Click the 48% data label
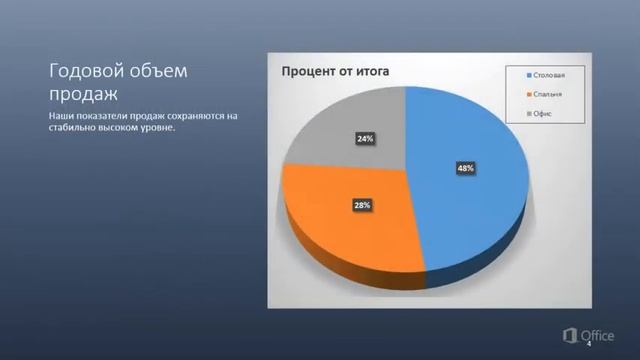(465, 169)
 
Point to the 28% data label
(362, 205)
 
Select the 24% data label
(365, 139)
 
